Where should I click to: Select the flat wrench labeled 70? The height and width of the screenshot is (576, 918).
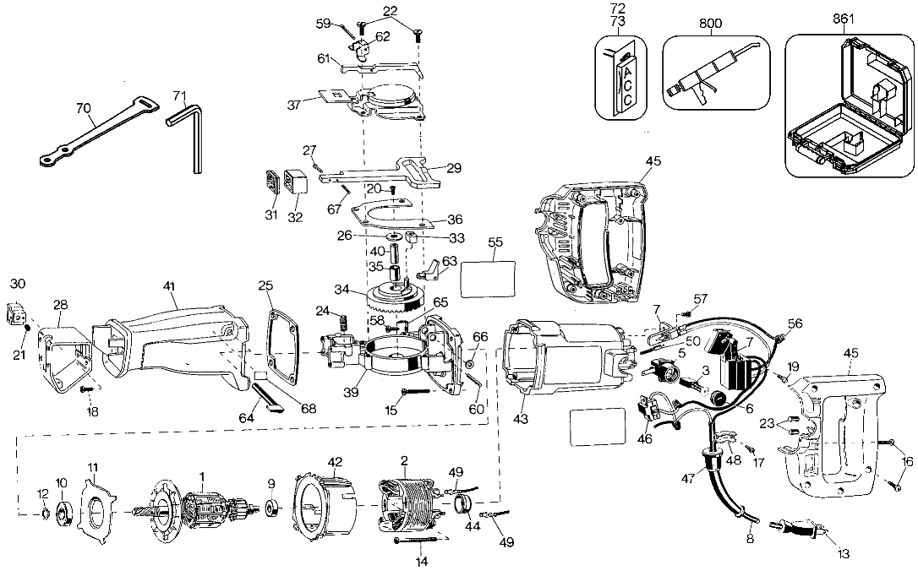[x=100, y=129]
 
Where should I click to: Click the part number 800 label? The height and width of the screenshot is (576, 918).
[x=711, y=24]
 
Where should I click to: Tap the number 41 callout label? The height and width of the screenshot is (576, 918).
[x=169, y=286]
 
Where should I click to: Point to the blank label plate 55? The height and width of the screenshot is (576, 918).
[x=489, y=279]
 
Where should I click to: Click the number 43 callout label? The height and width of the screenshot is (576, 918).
[x=521, y=419]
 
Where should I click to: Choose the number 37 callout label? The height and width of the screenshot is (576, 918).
[x=294, y=105]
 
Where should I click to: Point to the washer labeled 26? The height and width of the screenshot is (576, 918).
[x=393, y=236]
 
